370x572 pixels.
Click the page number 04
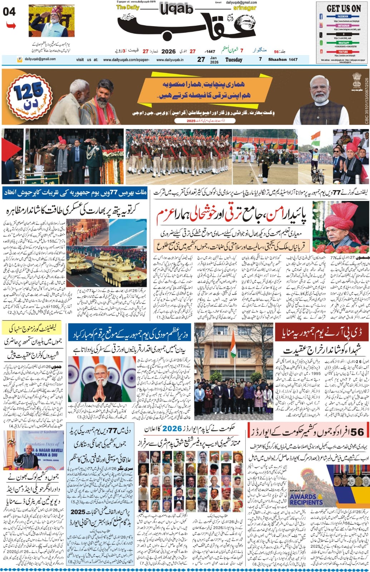(9, 12)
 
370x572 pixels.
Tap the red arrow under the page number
(11, 26)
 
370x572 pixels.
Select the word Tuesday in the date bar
(233, 60)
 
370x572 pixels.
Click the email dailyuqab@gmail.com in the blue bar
(38, 59)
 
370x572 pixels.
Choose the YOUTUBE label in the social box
(343, 52)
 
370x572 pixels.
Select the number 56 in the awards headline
(357, 432)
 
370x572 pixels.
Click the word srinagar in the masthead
(234, 8)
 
